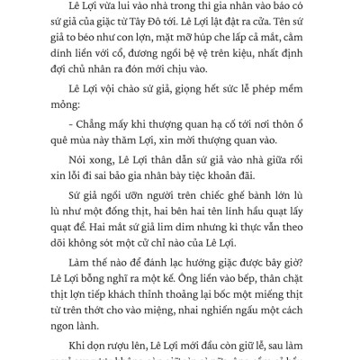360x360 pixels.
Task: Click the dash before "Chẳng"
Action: [x=59, y=143]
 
